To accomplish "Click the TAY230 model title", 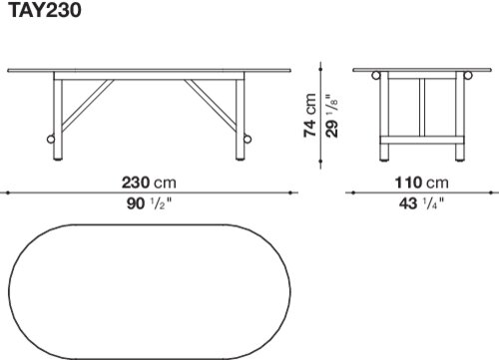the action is (x=44, y=10).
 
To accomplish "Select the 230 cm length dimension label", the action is (x=149, y=182).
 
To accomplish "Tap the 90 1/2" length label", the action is (x=149, y=203).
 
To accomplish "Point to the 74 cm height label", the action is (x=310, y=115).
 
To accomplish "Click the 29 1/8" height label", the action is (x=332, y=116).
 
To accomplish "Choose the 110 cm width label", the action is (x=421, y=182).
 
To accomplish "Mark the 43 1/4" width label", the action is (x=421, y=203).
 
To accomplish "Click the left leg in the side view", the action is (x=58, y=119).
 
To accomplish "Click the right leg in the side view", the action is (x=240, y=119).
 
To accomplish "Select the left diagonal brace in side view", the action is (x=88, y=105).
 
